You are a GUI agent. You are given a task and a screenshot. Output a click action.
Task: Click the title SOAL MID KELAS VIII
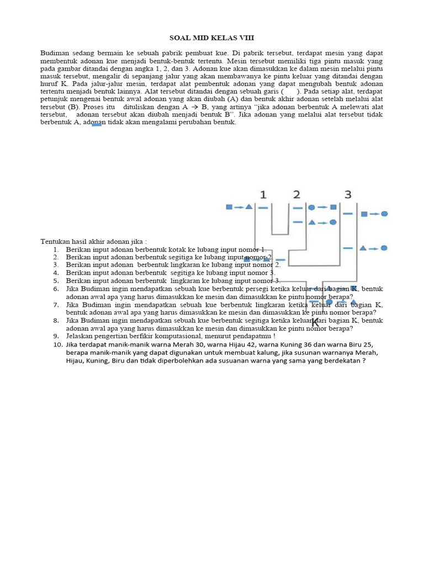click(x=211, y=38)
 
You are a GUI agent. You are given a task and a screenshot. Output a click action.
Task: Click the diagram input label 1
click(x=263, y=194)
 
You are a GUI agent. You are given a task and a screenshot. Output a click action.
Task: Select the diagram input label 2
click(x=297, y=194)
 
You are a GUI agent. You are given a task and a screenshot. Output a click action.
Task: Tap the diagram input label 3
click(x=348, y=194)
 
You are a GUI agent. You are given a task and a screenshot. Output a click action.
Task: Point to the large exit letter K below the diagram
click(x=315, y=323)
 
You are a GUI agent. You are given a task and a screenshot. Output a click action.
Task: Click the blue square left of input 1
click(x=229, y=207)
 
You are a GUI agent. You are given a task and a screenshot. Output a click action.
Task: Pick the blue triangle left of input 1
click(x=249, y=207)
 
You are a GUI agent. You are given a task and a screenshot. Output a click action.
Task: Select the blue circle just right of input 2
click(x=312, y=207)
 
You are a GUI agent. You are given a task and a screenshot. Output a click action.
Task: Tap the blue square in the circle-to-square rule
click(x=333, y=207)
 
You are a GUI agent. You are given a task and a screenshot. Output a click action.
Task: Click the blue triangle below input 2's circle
click(x=312, y=222)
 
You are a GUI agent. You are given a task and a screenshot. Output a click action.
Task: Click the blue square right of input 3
click(x=364, y=214)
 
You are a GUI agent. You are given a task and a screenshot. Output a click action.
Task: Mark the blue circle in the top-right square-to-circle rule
click(x=384, y=214)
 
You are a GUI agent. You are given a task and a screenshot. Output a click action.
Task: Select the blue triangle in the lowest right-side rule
click(x=363, y=248)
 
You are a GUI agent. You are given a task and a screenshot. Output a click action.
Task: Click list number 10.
click(x=58, y=345)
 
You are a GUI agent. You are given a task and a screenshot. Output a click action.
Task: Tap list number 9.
click(x=56, y=336)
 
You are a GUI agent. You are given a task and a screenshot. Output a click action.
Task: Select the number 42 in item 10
click(x=229, y=345)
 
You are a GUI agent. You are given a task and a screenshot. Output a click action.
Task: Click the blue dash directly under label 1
click(x=263, y=208)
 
